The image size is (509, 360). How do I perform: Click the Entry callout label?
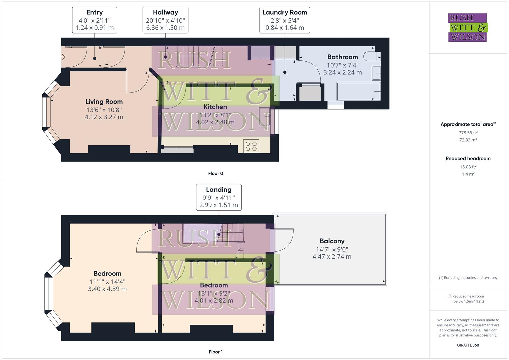tap(94, 20)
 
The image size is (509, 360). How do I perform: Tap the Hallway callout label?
tap(165, 20)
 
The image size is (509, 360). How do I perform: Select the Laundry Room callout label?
tap(285, 20)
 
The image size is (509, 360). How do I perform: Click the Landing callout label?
tap(219, 197)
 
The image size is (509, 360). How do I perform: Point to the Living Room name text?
tap(104, 102)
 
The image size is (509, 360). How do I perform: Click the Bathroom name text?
tap(342, 57)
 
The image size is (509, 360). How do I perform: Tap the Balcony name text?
tap(332, 241)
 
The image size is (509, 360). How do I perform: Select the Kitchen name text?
tap(215, 107)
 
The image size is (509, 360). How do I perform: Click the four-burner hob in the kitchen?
tap(251, 146)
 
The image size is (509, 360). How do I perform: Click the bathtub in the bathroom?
tap(359, 91)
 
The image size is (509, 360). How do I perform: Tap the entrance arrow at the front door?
tap(63, 57)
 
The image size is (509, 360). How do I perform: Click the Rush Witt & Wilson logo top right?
tap(468, 27)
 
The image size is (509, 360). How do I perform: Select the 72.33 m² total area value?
tap(468, 140)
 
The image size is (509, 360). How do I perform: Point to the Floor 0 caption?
tap(215, 173)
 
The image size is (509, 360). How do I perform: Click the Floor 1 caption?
tap(215, 352)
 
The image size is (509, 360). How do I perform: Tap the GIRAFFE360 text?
tap(468, 345)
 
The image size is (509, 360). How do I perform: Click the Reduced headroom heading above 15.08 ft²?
tap(468, 159)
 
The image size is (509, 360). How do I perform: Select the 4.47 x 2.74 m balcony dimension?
tap(332, 257)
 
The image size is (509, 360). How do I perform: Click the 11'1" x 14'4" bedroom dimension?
tap(107, 282)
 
